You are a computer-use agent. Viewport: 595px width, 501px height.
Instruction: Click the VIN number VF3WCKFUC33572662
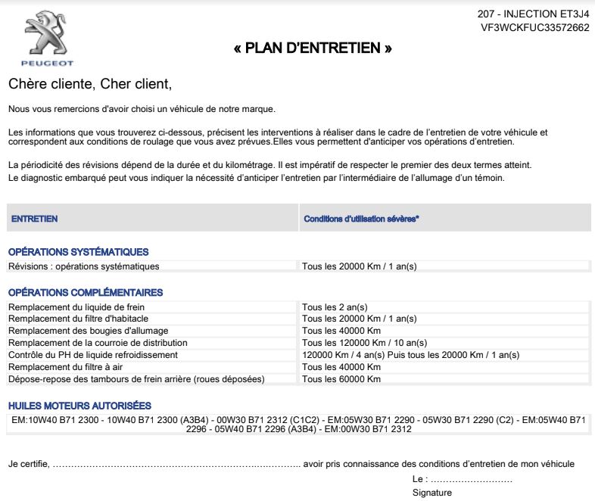534,27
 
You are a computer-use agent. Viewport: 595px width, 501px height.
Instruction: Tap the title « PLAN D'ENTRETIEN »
313,49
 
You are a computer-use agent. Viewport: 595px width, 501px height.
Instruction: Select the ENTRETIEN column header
34,219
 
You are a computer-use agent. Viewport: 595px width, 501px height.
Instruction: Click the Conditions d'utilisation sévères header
362,219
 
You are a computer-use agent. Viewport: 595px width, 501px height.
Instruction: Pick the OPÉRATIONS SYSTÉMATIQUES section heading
78,252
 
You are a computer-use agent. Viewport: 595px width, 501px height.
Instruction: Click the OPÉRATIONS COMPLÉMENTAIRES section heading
85,292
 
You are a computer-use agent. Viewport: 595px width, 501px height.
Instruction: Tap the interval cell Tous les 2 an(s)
334,307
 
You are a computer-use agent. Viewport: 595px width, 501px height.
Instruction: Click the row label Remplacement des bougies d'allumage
88,331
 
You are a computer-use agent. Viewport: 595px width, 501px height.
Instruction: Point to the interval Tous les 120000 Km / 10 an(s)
364,343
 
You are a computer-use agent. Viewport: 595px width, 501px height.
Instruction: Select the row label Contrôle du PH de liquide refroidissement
92,355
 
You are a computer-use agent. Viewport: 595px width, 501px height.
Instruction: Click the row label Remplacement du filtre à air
65,367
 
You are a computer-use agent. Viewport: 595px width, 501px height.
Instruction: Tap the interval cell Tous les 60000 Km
341,379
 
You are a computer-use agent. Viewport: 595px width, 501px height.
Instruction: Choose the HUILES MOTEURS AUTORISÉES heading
79,406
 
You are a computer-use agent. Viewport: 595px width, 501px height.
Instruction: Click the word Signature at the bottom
432,493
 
